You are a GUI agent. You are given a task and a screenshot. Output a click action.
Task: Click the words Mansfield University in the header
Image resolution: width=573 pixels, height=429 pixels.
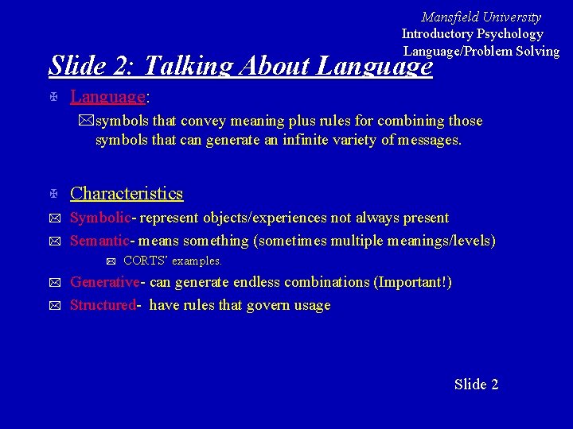(x=481, y=17)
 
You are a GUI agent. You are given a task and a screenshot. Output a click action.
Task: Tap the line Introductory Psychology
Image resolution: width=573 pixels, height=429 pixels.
(x=472, y=33)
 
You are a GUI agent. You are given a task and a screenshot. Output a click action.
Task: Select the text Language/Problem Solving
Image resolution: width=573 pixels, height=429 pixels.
(x=481, y=51)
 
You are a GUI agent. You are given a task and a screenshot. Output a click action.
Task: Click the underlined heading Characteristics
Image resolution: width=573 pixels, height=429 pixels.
(x=127, y=193)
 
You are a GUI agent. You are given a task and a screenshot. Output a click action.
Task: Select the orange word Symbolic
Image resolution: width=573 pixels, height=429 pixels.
(x=99, y=218)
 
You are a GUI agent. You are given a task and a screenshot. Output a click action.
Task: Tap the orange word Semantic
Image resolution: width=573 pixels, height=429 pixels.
(x=100, y=240)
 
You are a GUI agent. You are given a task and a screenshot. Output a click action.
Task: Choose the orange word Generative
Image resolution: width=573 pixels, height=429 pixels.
(x=105, y=282)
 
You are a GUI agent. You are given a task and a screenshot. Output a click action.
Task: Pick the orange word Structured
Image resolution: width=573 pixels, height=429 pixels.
(x=103, y=305)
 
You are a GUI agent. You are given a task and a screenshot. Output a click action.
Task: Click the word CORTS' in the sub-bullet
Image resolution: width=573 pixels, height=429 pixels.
(x=146, y=261)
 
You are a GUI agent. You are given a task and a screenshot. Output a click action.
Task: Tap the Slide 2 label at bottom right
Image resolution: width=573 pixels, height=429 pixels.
(x=476, y=385)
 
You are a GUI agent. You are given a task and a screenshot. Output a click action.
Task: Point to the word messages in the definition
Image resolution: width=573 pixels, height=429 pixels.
(x=428, y=141)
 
